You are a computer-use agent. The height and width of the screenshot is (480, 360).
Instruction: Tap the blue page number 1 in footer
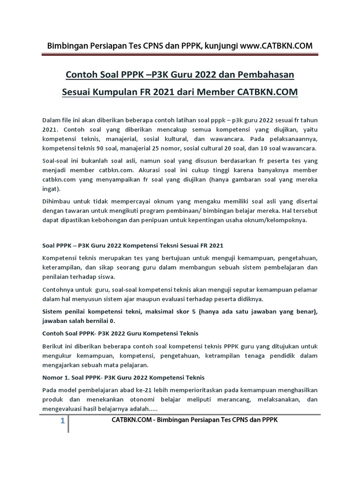pyautogui.click(x=62, y=421)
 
